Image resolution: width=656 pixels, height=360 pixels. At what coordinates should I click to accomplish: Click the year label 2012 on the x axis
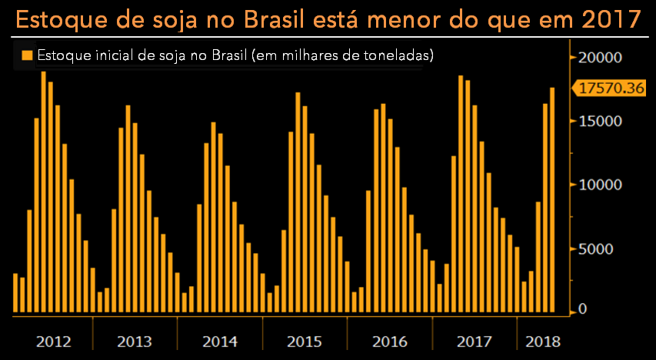click(x=53, y=341)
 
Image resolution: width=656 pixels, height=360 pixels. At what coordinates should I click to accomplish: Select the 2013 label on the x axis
click(x=134, y=341)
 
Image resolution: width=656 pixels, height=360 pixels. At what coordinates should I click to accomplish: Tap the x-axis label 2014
click(x=219, y=341)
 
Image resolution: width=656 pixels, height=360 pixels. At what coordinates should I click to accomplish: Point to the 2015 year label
click(x=305, y=341)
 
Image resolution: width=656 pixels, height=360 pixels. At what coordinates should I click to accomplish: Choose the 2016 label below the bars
click(x=389, y=341)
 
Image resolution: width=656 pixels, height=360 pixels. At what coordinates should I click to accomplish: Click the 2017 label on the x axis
click(x=475, y=341)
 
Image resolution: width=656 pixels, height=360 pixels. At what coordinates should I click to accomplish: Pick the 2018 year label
click(x=541, y=341)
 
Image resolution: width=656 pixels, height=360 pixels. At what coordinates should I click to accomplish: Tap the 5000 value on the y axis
click(x=601, y=249)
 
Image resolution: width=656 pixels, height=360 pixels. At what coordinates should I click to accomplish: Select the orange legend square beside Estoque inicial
click(x=27, y=55)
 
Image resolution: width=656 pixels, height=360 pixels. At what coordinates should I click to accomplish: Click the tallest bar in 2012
click(x=44, y=192)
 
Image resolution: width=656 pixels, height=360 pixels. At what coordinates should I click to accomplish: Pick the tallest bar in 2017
click(x=461, y=194)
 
